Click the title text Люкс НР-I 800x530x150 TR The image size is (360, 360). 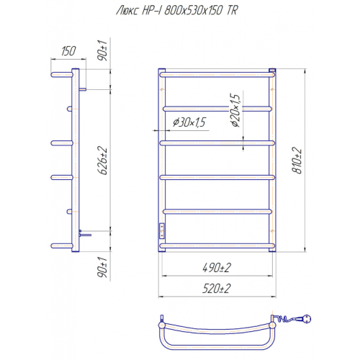click(x=177, y=11)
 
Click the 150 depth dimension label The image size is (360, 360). click(x=68, y=51)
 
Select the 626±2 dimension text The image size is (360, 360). click(x=103, y=161)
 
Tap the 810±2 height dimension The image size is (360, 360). click(x=297, y=161)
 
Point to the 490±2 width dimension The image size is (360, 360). click(x=217, y=268)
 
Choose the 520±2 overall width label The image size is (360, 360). click(x=217, y=289)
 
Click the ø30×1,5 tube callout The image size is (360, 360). click(x=189, y=122)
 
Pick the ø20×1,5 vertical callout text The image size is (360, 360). click(x=235, y=110)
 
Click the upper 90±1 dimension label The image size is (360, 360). click(x=103, y=50)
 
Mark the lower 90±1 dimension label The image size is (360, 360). click(x=103, y=267)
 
